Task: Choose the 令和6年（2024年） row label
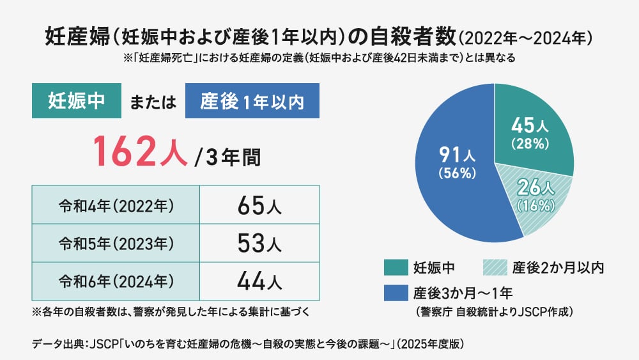tap(116, 281)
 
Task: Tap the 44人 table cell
tap(259, 281)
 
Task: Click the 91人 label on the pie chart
tap(456, 154)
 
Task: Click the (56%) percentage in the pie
tap(456, 173)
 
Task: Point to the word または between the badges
tap(153, 102)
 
